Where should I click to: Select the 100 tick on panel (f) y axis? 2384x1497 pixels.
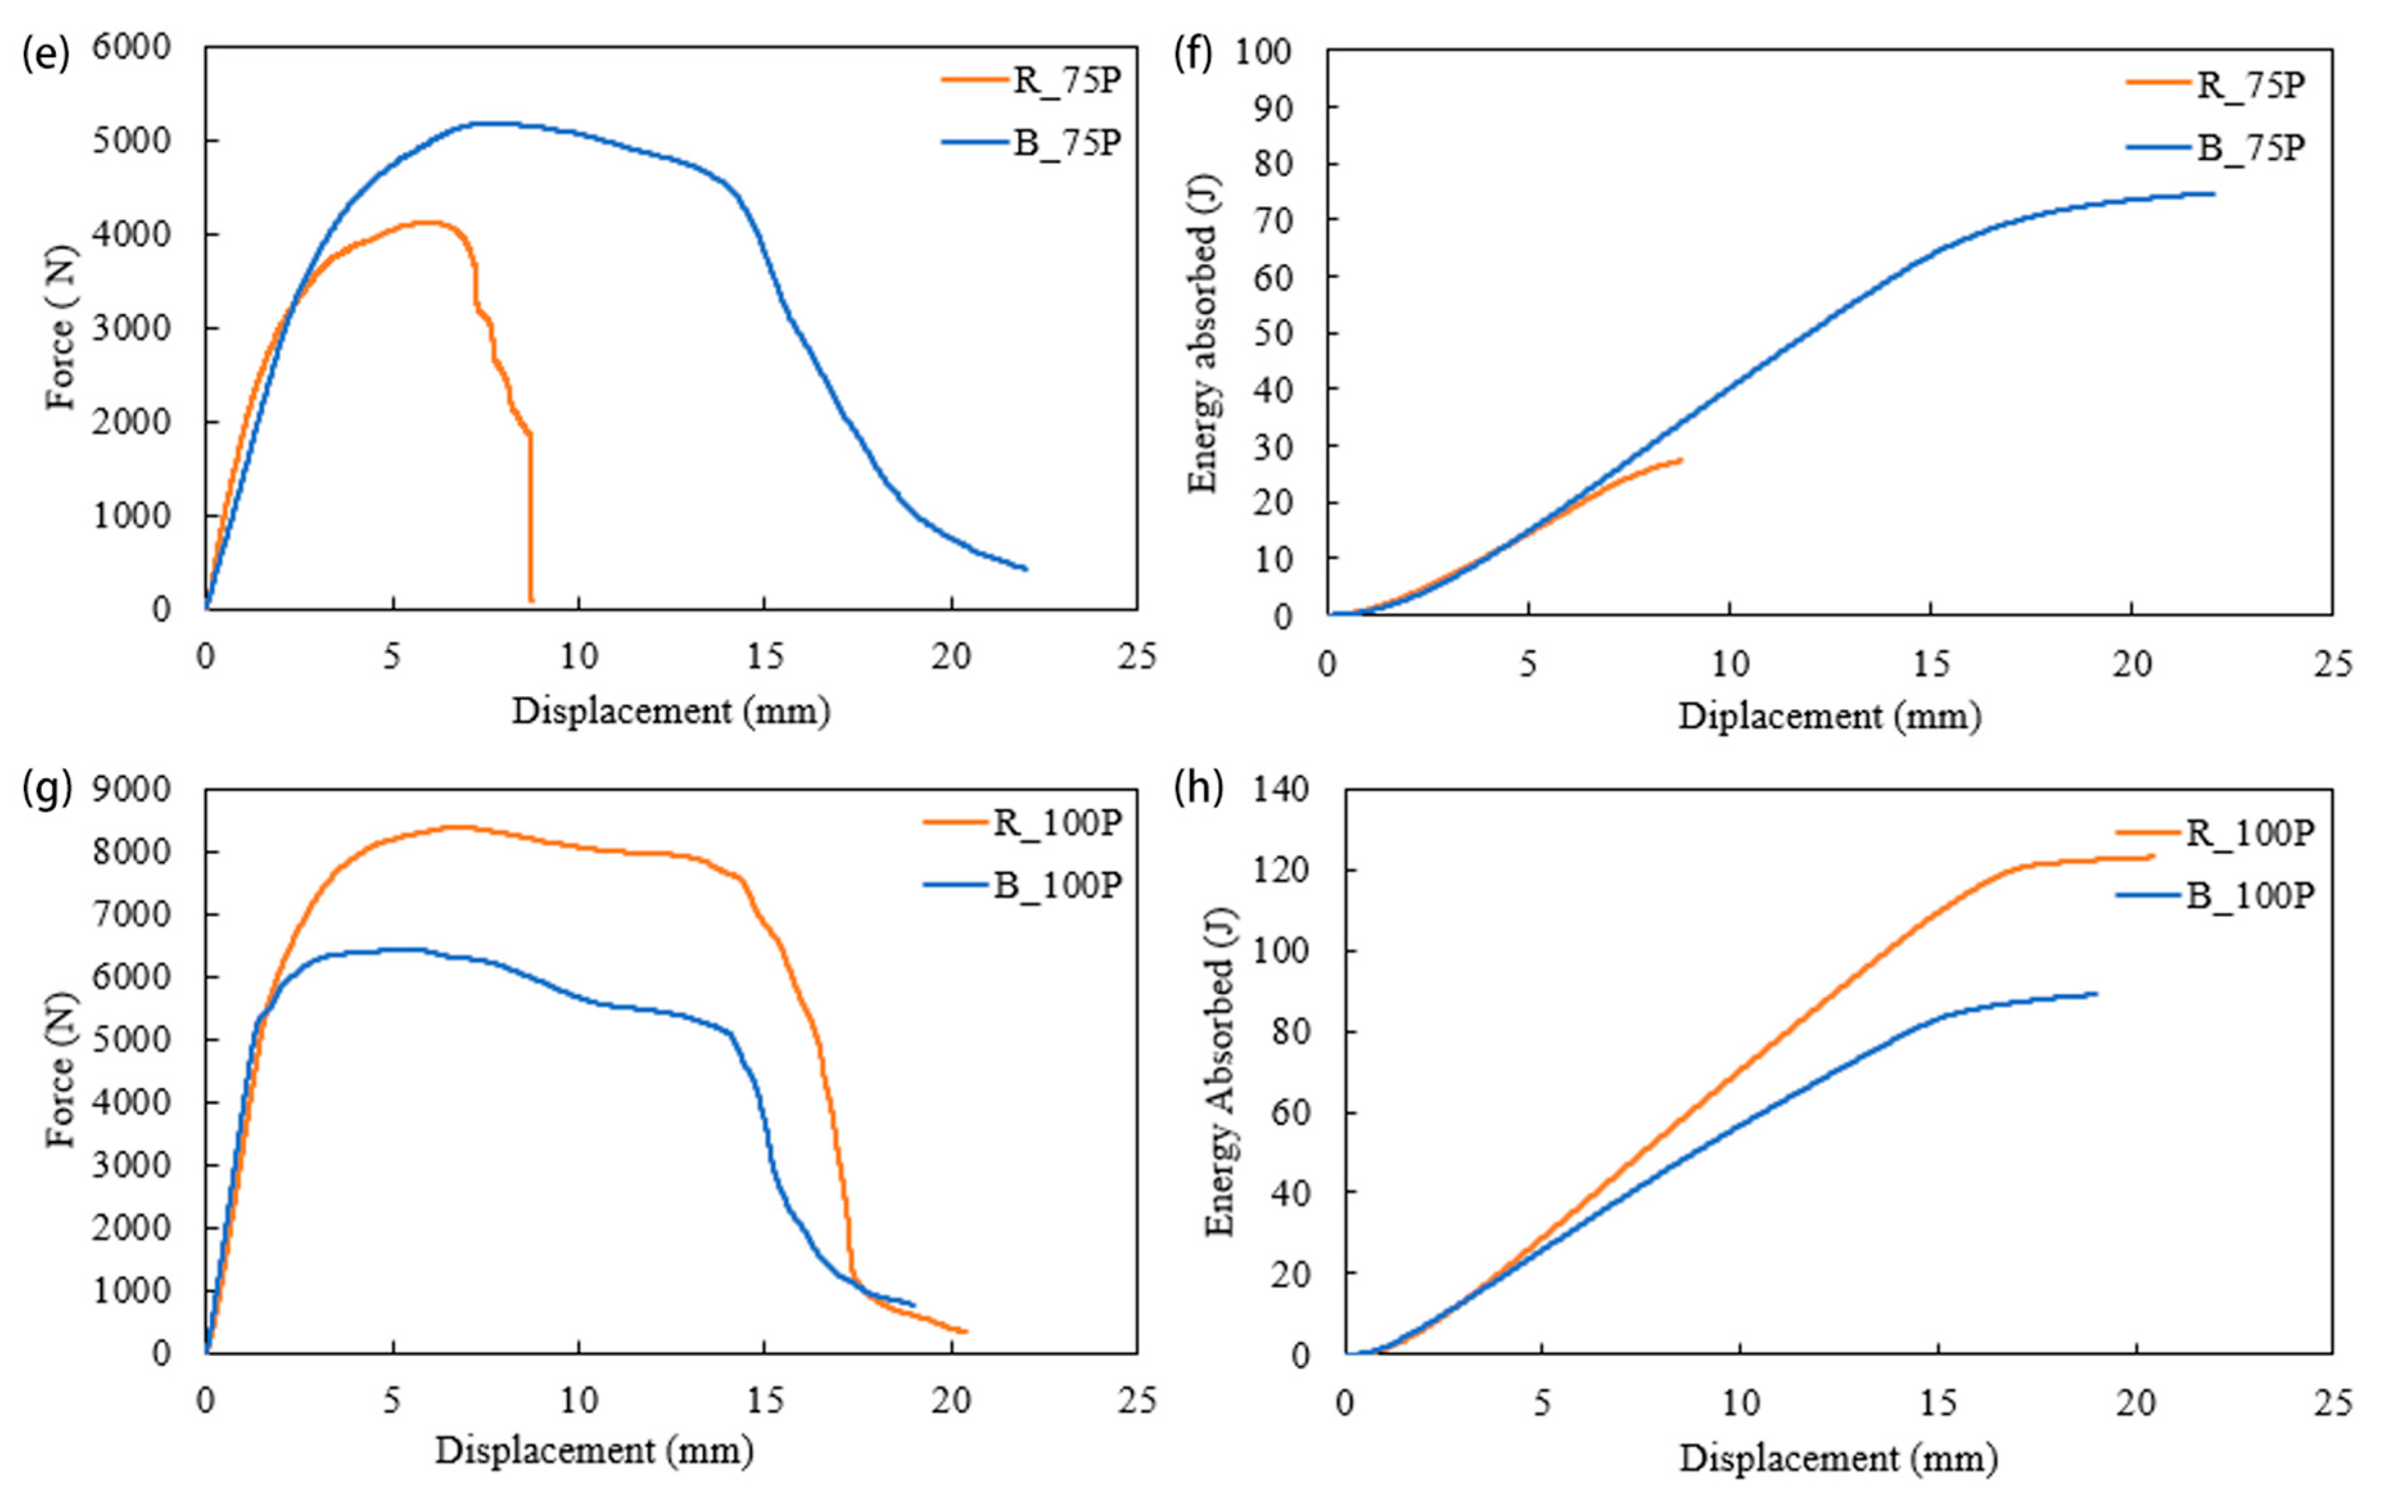pos(1263,51)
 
